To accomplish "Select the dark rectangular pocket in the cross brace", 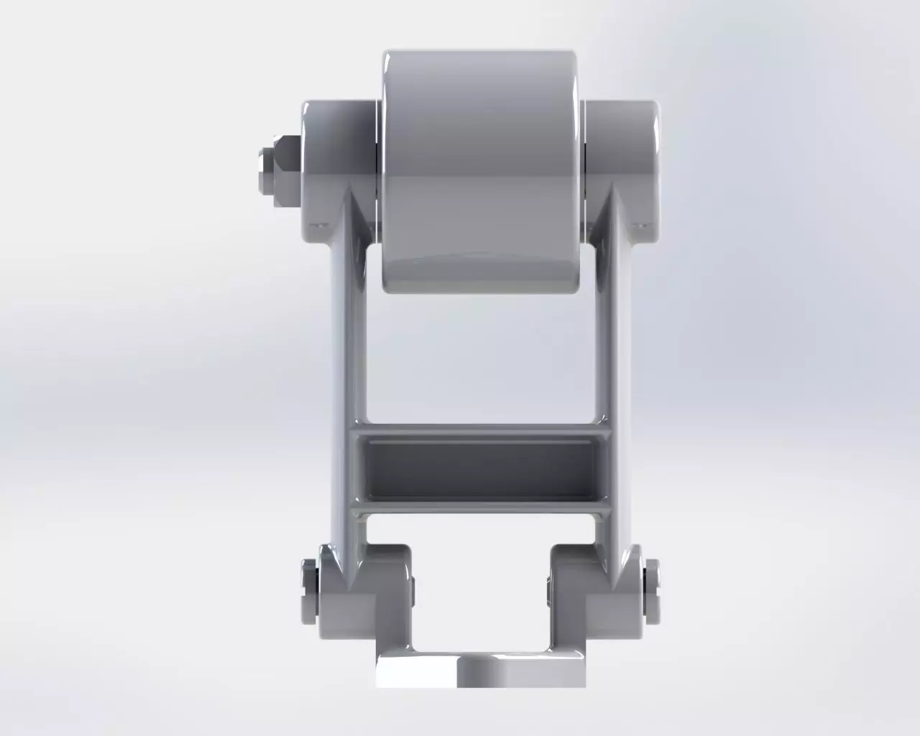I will (481, 471).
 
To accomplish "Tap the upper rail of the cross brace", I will (481, 430).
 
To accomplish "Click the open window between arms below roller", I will (481, 352).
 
